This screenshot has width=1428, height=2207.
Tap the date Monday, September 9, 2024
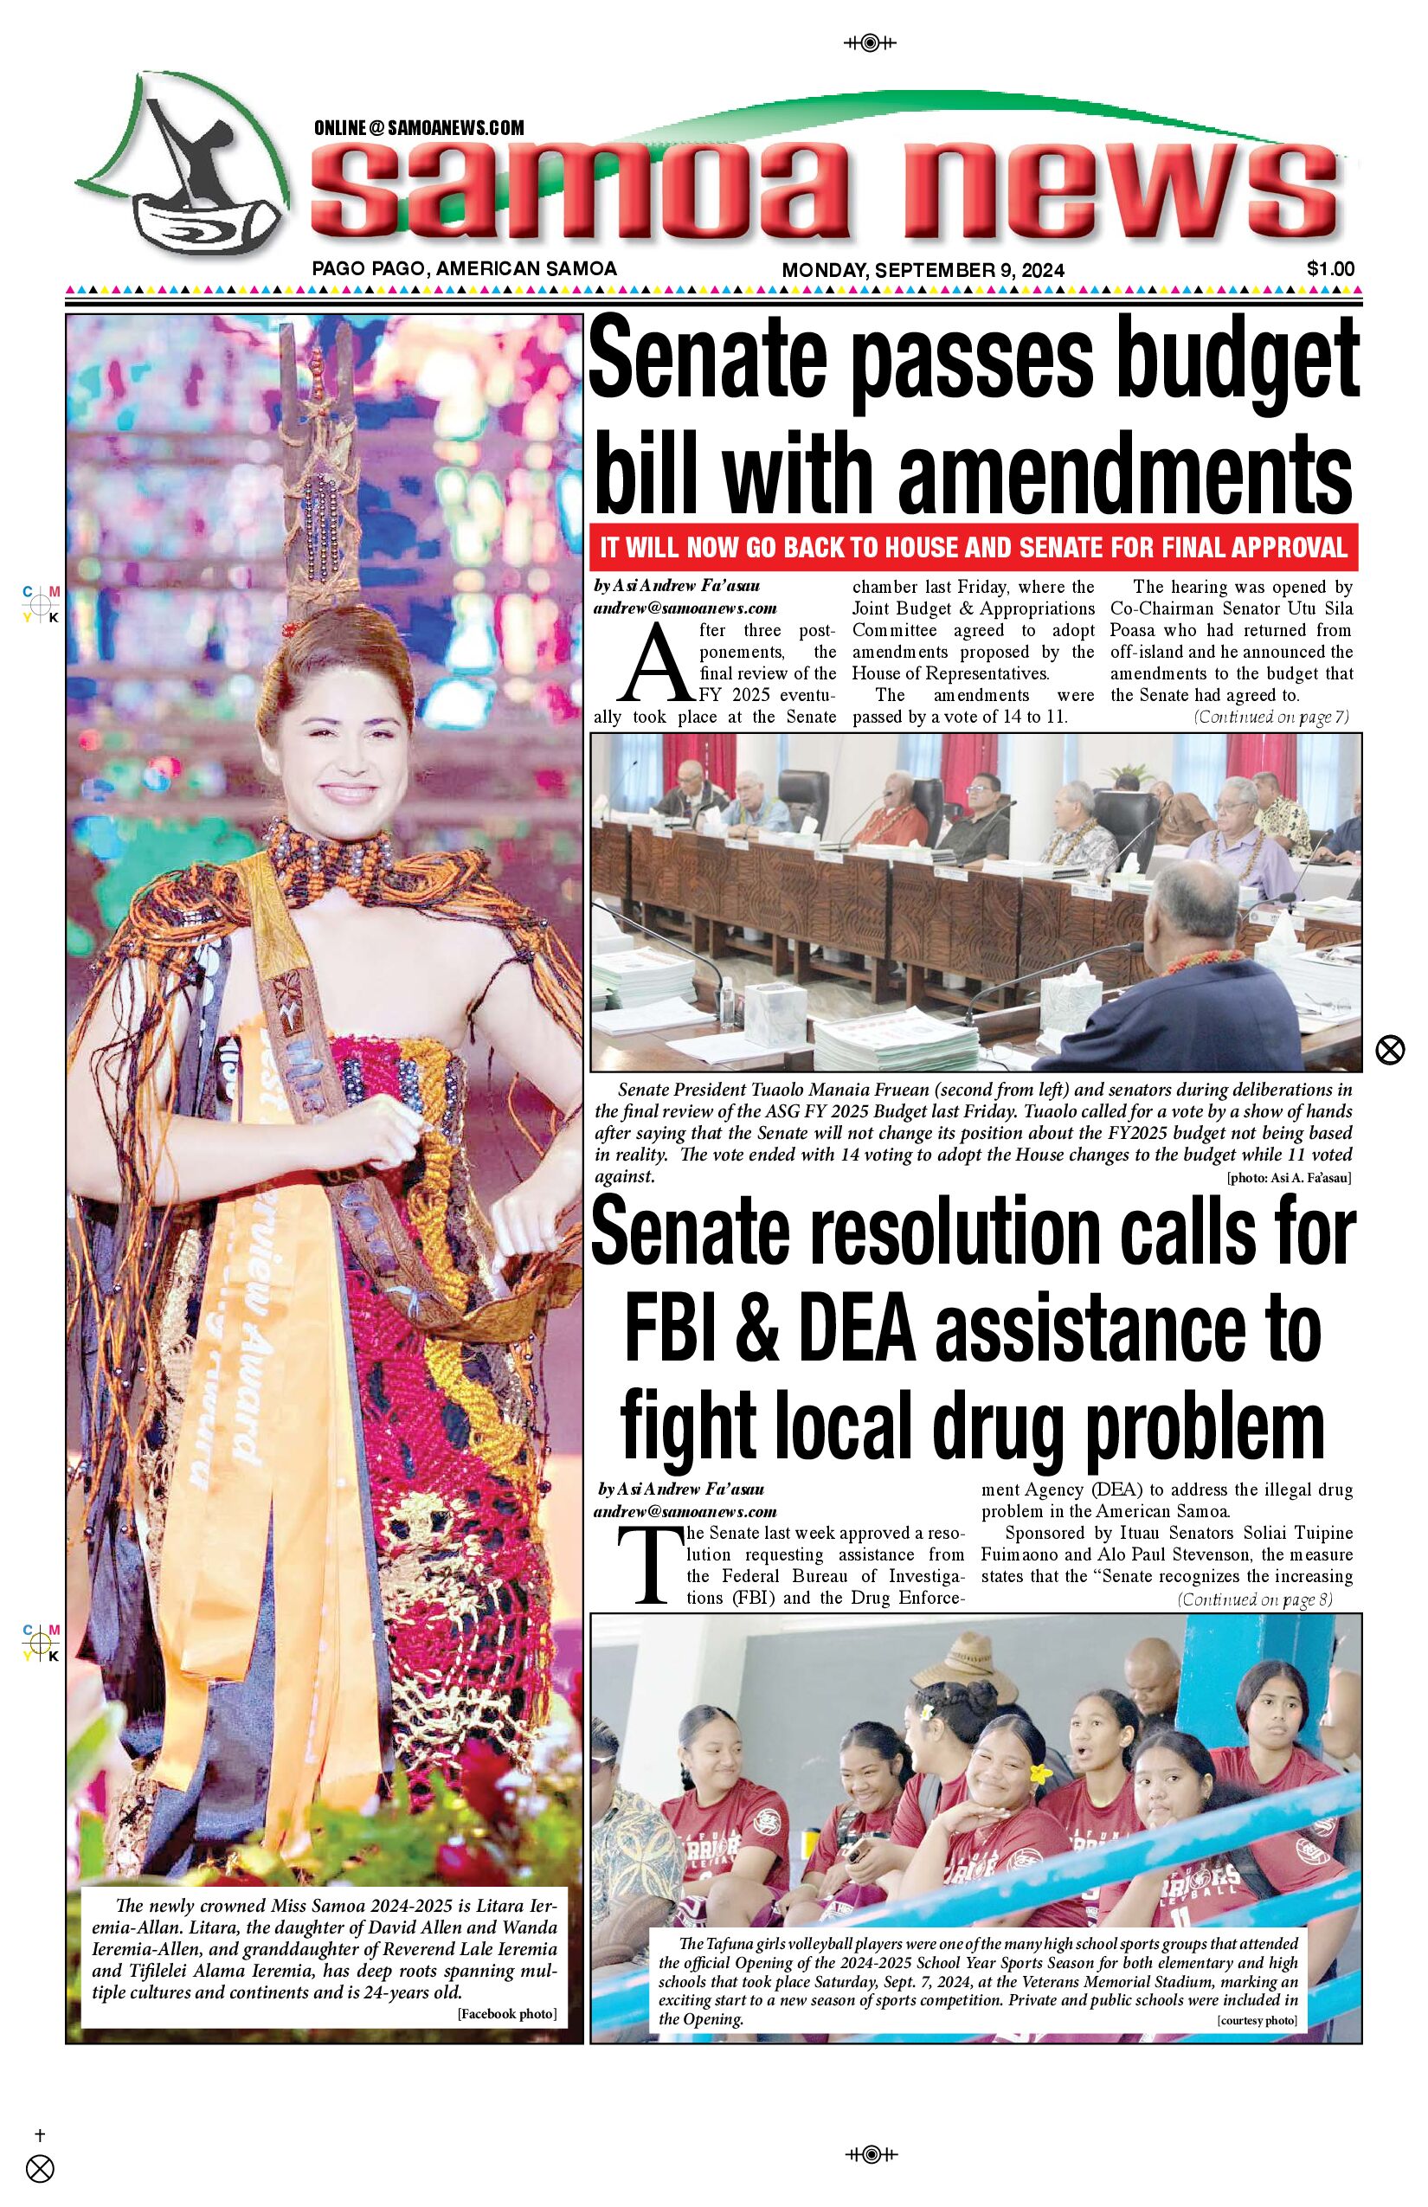pyautogui.click(x=923, y=270)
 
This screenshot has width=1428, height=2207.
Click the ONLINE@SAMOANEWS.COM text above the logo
pyautogui.click(x=419, y=128)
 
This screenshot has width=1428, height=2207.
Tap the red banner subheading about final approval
pyautogui.click(x=974, y=547)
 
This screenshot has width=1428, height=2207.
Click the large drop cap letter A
pyautogui.click(x=659, y=664)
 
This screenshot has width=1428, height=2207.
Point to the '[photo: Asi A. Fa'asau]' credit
pyautogui.click(x=1288, y=1178)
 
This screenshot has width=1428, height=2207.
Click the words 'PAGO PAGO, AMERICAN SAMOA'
pyautogui.click(x=465, y=269)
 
